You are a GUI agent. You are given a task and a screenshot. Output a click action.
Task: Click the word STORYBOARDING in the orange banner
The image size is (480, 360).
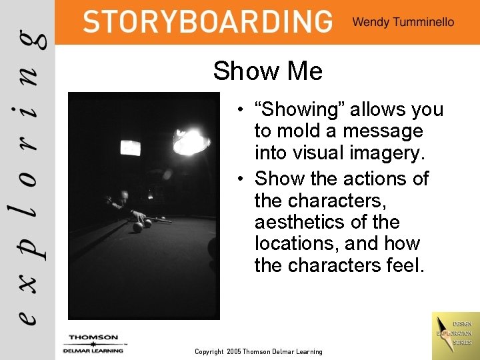point(207,21)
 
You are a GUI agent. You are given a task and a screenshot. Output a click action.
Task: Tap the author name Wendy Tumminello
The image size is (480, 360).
point(403,22)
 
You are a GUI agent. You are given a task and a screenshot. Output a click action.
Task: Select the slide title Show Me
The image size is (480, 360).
point(267,71)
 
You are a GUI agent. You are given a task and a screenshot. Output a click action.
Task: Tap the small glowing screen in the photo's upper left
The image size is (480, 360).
point(131,147)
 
